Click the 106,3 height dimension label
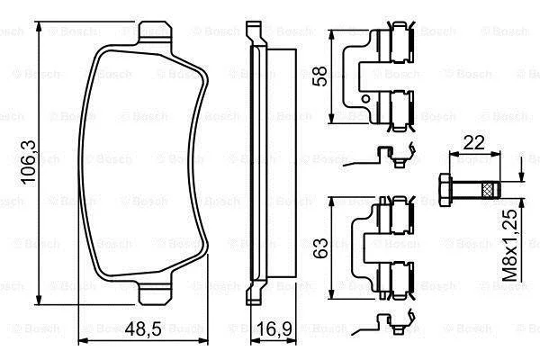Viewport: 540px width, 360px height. click(x=30, y=162)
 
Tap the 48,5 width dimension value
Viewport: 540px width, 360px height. click(x=143, y=328)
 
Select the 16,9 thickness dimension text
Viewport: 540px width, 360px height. click(x=274, y=328)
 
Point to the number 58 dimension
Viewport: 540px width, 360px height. click(x=319, y=76)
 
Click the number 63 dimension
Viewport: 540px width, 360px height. click(x=319, y=247)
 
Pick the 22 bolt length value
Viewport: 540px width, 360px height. click(x=474, y=142)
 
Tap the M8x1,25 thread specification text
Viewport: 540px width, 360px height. click(x=509, y=245)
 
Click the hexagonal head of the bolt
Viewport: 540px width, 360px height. click(x=445, y=191)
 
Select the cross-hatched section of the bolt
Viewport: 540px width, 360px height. click(x=487, y=191)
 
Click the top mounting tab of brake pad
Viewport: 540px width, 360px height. click(x=155, y=32)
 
